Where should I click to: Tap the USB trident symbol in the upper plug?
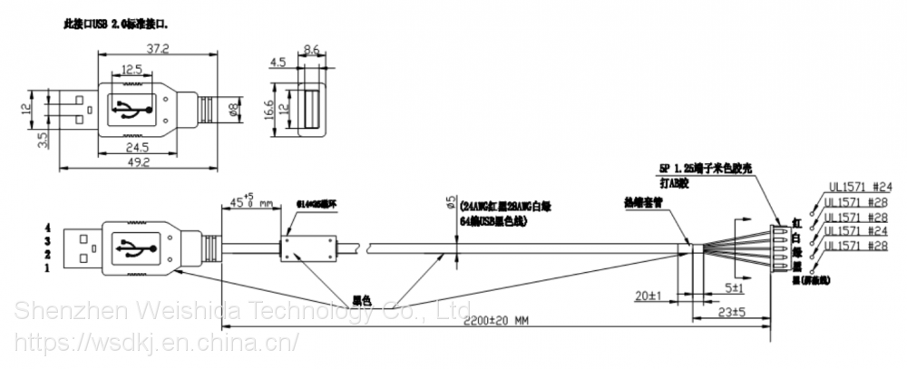tap(132, 110)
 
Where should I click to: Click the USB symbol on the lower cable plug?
tap(132, 247)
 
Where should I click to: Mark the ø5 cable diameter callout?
tap(450, 202)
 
